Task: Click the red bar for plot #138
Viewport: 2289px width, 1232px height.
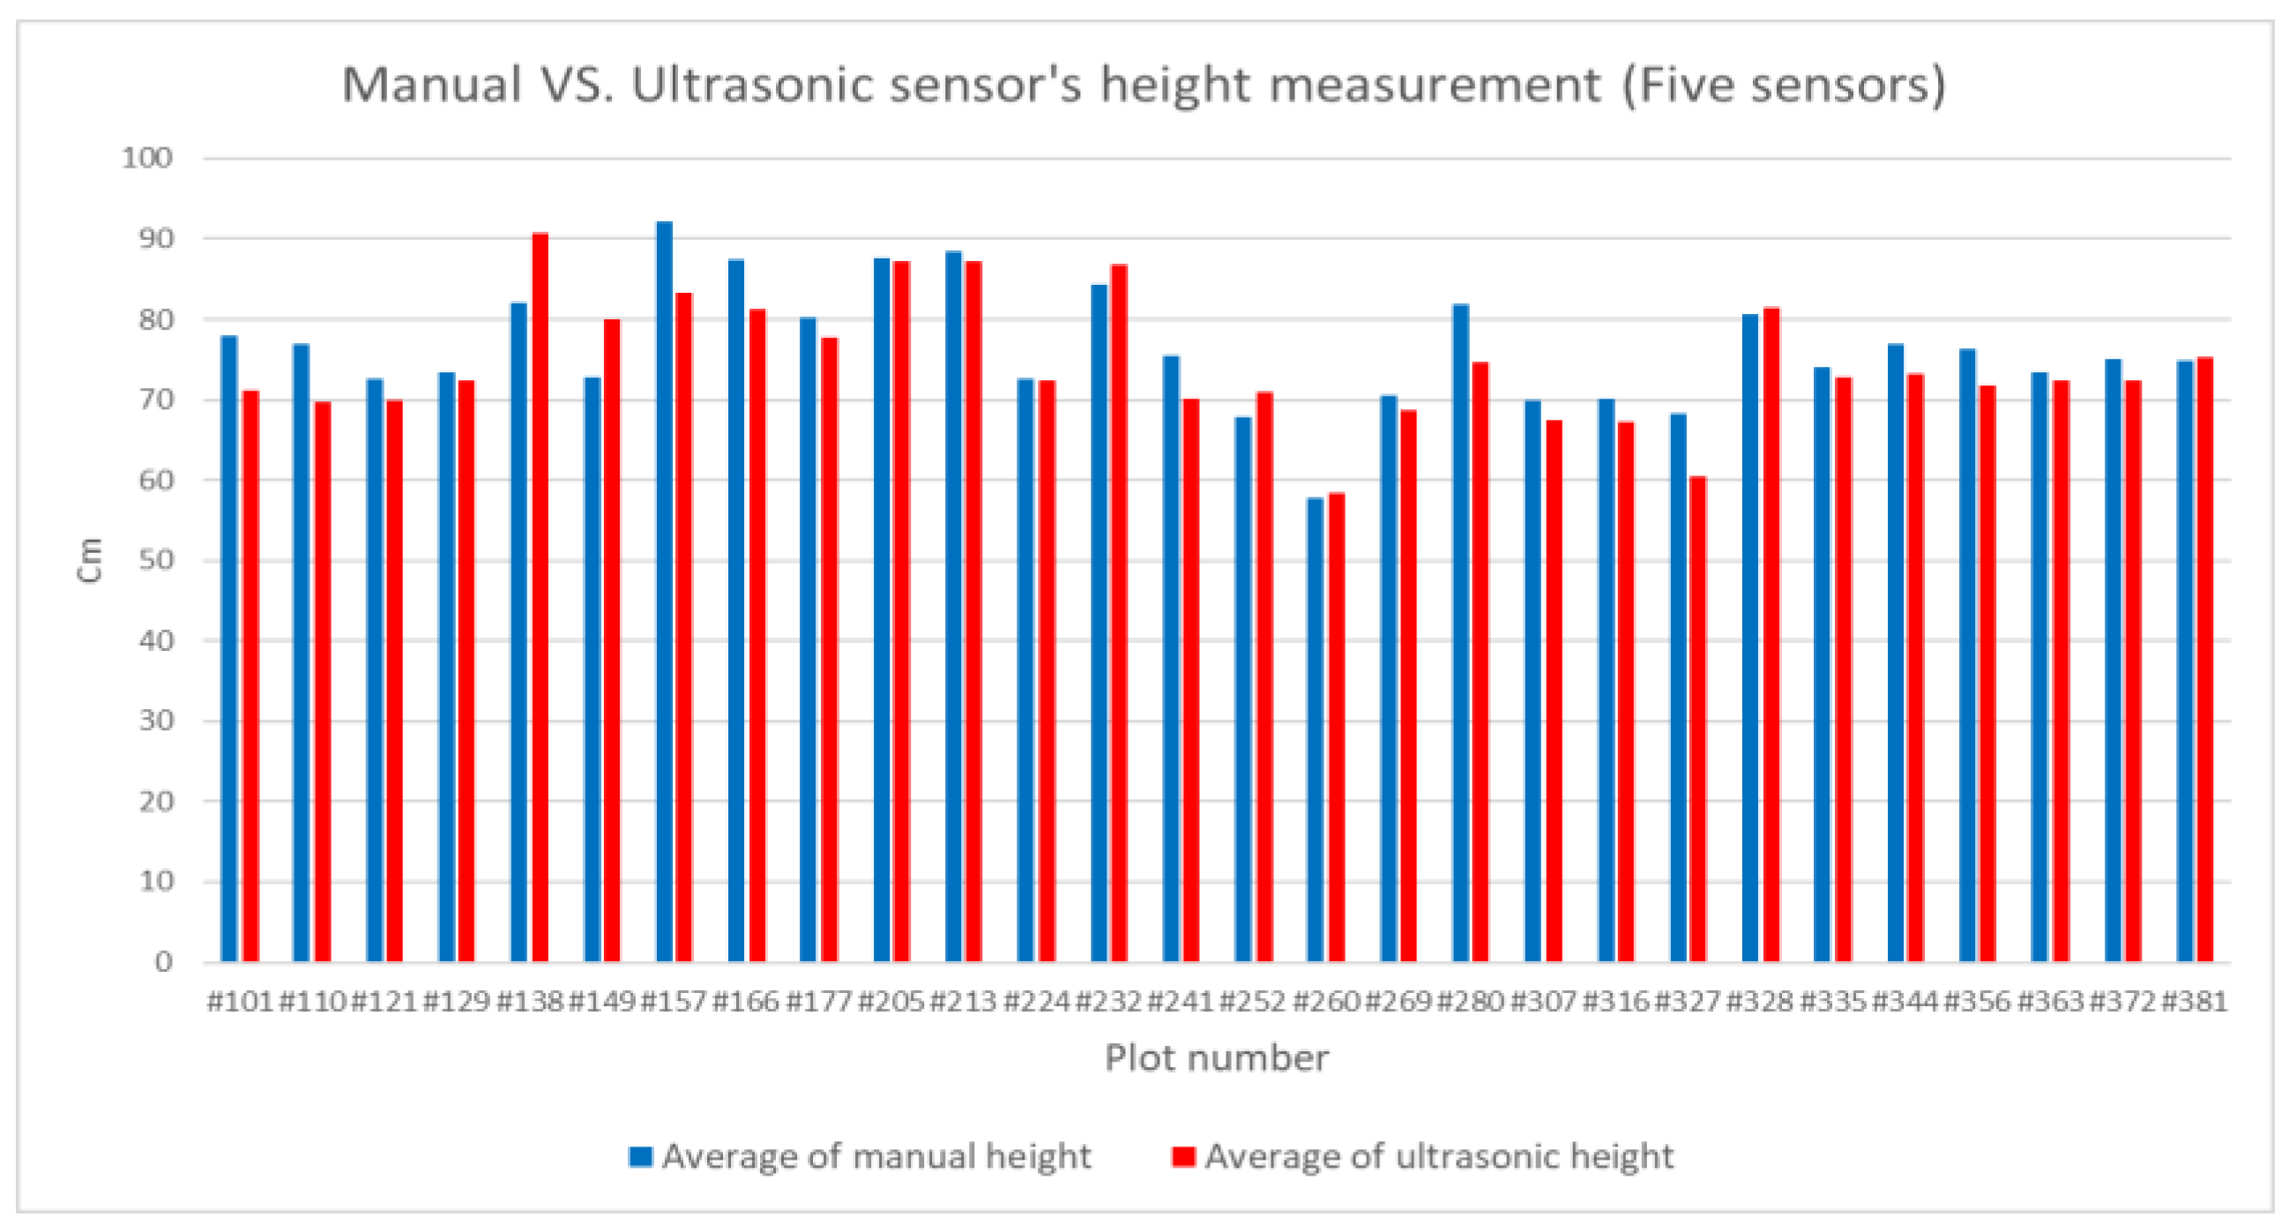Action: (x=540, y=595)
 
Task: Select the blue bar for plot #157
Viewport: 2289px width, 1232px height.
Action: (x=664, y=591)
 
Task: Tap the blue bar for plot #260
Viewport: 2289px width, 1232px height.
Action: (x=1315, y=729)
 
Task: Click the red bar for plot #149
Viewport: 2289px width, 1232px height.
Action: (x=612, y=640)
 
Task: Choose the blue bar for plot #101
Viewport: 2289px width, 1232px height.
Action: (x=229, y=649)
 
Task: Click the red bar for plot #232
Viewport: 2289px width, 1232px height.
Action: (x=1119, y=613)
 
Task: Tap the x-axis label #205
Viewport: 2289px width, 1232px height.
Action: (x=891, y=1002)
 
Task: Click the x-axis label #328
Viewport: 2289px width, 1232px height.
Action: (x=1759, y=1002)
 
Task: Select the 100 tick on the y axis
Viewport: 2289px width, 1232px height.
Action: (x=147, y=158)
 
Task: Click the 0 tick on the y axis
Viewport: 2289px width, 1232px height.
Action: (x=163, y=962)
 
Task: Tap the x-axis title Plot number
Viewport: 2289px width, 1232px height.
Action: (x=1217, y=1057)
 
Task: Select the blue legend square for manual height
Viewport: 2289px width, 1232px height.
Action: (x=640, y=1156)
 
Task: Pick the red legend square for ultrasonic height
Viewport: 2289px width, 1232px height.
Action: (x=1182, y=1156)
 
